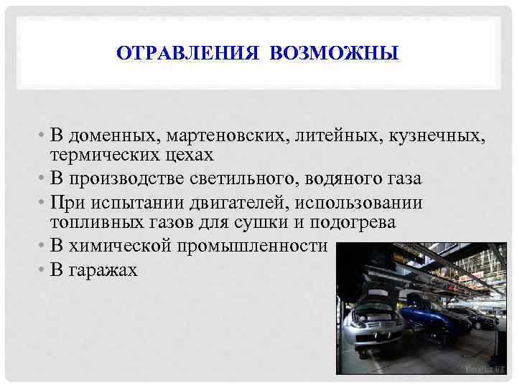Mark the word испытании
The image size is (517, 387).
click(137, 204)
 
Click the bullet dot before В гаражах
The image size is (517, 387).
click(44, 270)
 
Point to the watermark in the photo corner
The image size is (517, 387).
click(485, 369)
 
